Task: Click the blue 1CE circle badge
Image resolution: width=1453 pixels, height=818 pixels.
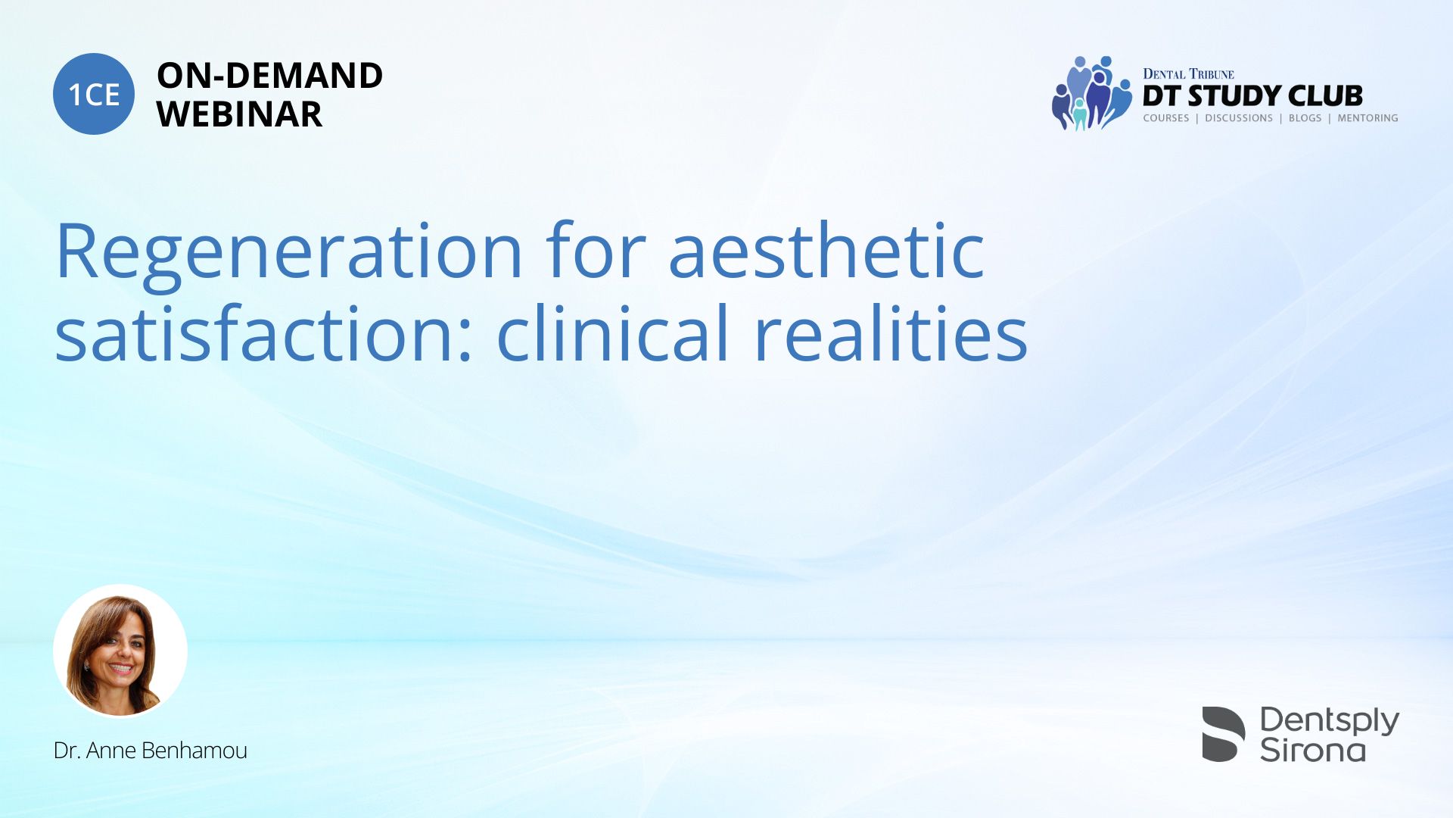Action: coord(94,94)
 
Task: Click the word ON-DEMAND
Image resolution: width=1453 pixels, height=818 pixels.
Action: coord(269,76)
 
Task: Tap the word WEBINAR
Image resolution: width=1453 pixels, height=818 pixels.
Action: coord(239,114)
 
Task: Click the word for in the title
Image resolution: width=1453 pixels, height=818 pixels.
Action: coord(596,249)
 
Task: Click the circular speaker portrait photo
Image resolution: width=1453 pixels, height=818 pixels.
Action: coord(120,651)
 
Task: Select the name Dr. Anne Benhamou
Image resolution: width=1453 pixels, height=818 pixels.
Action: coord(151,751)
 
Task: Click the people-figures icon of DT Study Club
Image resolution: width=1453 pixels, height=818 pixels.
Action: coord(1091,93)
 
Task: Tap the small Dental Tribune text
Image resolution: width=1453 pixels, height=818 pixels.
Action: coord(1188,74)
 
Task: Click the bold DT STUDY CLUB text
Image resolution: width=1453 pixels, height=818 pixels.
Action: coord(1252,96)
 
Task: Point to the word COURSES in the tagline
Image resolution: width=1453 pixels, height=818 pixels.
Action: coord(1165,118)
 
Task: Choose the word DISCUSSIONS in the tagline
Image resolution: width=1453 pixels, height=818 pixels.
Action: coord(1239,118)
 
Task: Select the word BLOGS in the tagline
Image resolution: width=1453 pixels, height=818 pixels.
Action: coord(1305,118)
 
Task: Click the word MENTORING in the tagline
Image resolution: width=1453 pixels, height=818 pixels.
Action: coord(1367,118)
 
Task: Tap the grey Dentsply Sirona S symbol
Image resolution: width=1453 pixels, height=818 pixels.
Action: coord(1223,734)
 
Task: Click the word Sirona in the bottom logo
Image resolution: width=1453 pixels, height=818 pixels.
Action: coord(1313,750)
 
